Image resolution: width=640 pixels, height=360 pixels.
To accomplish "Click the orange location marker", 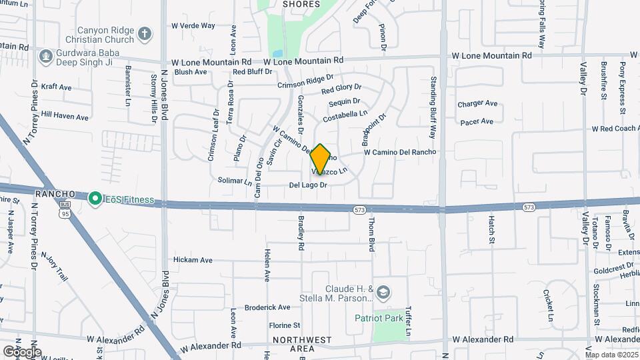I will point(321,159).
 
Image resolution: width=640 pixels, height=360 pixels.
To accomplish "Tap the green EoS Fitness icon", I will point(95,198).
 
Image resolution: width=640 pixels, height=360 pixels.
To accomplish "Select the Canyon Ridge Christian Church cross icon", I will point(144,32).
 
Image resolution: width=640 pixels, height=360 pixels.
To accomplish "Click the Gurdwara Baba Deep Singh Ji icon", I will point(46,56).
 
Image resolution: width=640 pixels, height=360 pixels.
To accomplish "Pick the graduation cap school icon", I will point(383,292).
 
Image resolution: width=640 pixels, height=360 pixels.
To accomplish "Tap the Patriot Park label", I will point(377,317).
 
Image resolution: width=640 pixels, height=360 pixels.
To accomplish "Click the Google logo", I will point(21,351).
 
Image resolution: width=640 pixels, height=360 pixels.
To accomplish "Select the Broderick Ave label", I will point(267,307).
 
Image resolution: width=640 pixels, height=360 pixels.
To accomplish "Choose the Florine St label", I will point(284,325).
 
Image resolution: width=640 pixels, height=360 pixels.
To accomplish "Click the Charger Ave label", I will point(477,104).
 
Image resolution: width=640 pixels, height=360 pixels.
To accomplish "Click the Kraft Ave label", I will point(56,87).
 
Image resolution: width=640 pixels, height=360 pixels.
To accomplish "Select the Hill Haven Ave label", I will point(65,117).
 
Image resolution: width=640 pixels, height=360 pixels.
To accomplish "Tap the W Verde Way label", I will point(193,26).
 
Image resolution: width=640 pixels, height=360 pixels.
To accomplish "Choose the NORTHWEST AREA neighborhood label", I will point(303,344).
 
